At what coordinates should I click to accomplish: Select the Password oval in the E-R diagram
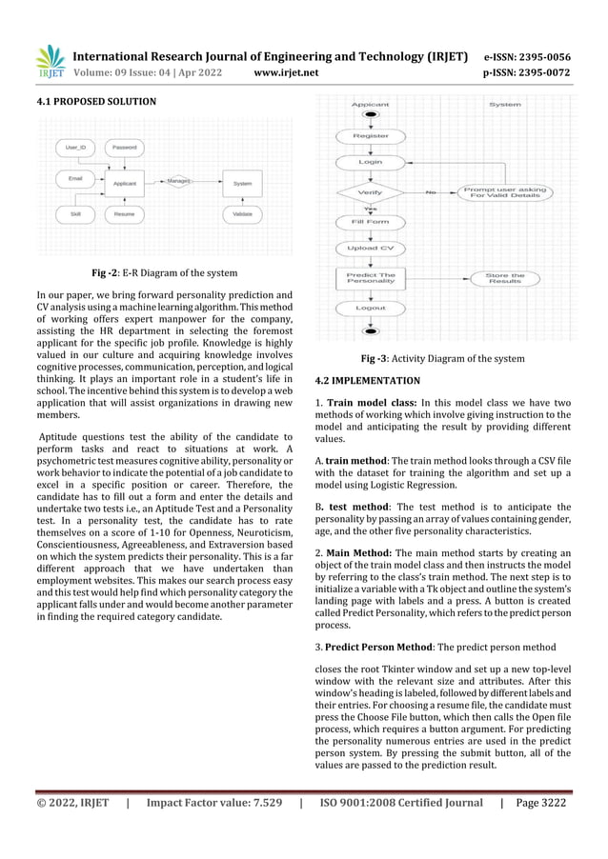click(125, 148)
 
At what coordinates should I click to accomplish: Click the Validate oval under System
click(243, 214)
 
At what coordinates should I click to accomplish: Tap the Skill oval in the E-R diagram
click(75, 214)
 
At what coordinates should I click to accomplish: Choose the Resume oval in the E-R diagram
click(124, 214)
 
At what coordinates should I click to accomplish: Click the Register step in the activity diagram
click(371, 136)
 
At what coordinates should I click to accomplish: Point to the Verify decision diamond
click(370, 193)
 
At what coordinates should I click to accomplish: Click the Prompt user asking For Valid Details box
click(505, 192)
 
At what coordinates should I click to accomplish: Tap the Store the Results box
click(504, 278)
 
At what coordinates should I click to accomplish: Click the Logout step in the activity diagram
click(371, 308)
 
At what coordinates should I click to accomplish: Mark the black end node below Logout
click(371, 330)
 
